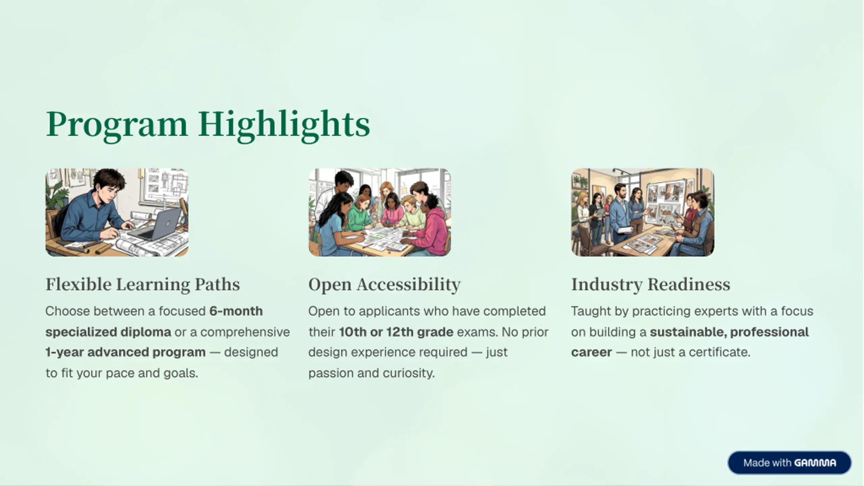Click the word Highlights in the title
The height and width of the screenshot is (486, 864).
coord(284,125)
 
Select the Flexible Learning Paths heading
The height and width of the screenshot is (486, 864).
coord(143,285)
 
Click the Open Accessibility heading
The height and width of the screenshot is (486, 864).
coord(384,285)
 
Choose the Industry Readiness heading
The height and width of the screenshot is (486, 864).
coord(651,285)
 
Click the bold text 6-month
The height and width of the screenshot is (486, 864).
coord(236,311)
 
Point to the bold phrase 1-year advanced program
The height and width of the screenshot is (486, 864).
coord(126,352)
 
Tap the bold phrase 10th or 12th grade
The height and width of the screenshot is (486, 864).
coord(396,332)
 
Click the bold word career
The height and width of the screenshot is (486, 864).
coord(591,352)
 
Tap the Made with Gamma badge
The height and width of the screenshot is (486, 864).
coord(789,463)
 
